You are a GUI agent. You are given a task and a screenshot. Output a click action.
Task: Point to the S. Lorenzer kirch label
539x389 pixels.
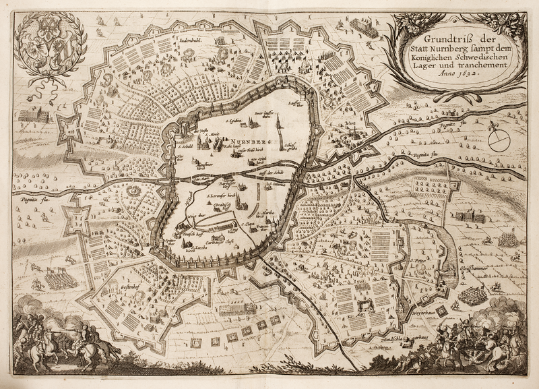[222, 198]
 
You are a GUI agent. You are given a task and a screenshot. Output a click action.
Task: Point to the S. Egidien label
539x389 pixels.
[234, 121]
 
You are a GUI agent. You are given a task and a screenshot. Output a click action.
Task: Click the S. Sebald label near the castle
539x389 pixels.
[185, 144]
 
